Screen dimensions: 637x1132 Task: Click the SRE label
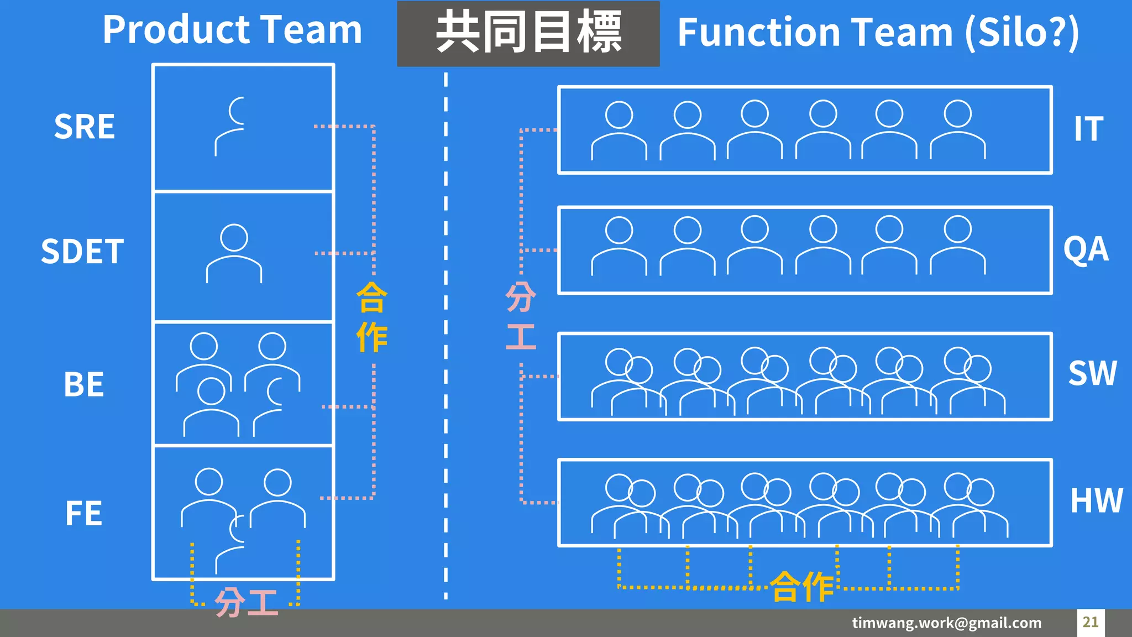pos(84,127)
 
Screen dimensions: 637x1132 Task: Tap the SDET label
pos(82,252)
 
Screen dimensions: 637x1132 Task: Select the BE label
pos(83,384)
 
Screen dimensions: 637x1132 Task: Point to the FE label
pos(83,513)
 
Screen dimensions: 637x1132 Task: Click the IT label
pos(1088,129)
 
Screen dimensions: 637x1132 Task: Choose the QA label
pos(1086,249)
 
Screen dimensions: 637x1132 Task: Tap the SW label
pos(1092,373)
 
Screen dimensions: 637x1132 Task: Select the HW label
pos(1096,501)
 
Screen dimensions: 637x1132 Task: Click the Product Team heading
pos(232,30)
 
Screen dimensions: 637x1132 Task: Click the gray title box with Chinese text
pos(528,33)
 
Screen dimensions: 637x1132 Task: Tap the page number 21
pos(1090,622)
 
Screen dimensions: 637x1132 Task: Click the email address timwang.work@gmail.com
pos(946,623)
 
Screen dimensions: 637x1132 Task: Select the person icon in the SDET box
pos(234,253)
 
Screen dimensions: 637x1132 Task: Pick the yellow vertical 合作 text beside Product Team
pos(371,317)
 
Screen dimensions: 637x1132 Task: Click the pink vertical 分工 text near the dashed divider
pos(521,316)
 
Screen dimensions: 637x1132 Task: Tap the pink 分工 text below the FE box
pos(246,602)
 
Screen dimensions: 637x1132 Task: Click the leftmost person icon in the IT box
pos(619,130)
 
